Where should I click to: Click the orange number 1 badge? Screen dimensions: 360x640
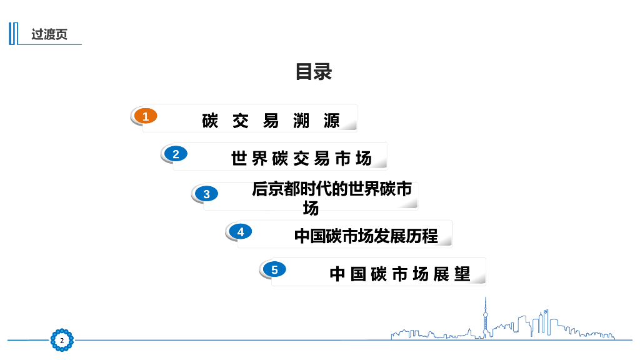click(x=146, y=116)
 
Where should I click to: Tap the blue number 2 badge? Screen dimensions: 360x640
click(x=176, y=154)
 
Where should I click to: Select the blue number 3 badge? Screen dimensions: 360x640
click(x=207, y=194)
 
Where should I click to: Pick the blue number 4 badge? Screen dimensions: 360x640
click(x=241, y=232)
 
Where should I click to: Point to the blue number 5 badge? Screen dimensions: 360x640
click(x=274, y=270)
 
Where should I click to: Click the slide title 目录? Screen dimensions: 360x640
click(x=314, y=72)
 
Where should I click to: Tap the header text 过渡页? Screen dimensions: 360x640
click(x=49, y=34)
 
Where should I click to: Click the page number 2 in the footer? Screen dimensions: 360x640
click(x=62, y=340)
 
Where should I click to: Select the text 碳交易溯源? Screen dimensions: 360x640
click(x=271, y=121)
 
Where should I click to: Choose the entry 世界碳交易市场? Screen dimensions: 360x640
click(x=301, y=159)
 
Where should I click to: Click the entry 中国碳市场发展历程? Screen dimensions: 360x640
click(x=366, y=236)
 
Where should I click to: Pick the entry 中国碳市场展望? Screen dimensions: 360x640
click(x=399, y=274)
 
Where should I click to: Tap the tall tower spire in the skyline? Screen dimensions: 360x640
click(x=484, y=316)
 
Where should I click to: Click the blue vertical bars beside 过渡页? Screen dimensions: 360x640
click(x=12, y=34)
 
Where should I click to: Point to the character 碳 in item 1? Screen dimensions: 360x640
click(x=210, y=121)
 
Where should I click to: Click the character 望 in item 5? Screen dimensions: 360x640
click(x=462, y=274)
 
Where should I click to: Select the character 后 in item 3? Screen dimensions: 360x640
click(x=260, y=189)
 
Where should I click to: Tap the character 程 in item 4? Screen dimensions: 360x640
click(x=430, y=236)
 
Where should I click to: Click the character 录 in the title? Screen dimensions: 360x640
click(x=323, y=72)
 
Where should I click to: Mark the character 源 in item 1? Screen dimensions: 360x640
click(x=332, y=121)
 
